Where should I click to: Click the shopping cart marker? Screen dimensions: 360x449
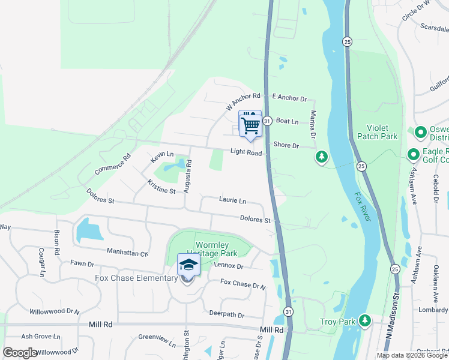pos(250,124)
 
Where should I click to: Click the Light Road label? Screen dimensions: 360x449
pos(246,152)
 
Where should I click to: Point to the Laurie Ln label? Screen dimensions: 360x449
pos(232,200)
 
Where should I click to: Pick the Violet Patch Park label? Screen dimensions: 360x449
pos(384,133)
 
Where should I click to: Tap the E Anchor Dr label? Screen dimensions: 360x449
pos(289,97)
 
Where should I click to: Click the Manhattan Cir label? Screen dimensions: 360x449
pos(127,252)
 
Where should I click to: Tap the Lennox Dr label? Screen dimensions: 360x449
pos(228,266)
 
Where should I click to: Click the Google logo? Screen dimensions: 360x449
pos(20,353)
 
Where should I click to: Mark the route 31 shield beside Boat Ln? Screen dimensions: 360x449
pos(268,121)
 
